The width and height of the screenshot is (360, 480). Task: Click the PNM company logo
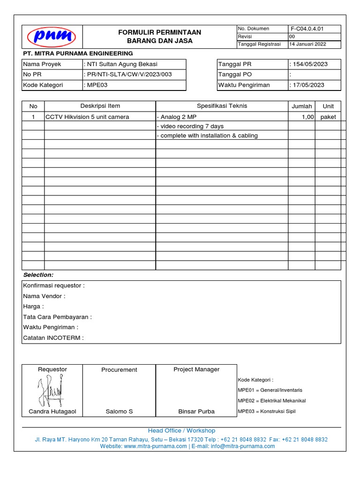click(x=52, y=37)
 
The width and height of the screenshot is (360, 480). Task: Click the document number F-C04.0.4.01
click(x=307, y=29)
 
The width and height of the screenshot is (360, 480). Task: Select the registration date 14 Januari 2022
click(x=308, y=44)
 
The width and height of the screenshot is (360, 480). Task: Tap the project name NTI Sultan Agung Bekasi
click(x=121, y=64)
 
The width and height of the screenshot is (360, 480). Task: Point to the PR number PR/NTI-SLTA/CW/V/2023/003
click(x=128, y=75)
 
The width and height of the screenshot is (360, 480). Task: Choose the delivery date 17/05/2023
click(x=308, y=85)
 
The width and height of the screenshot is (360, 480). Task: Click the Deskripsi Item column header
click(x=100, y=106)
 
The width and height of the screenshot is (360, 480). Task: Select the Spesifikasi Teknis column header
click(x=222, y=106)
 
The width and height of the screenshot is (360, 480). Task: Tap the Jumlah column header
click(x=301, y=106)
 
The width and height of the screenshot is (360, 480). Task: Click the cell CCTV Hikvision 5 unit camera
click(x=87, y=117)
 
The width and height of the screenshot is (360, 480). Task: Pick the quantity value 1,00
click(x=307, y=117)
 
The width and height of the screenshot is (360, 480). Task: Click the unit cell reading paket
click(x=328, y=117)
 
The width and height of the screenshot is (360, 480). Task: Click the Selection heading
click(x=38, y=275)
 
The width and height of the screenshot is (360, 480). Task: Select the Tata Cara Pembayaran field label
click(x=57, y=317)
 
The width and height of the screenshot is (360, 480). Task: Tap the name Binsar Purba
click(x=196, y=411)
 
